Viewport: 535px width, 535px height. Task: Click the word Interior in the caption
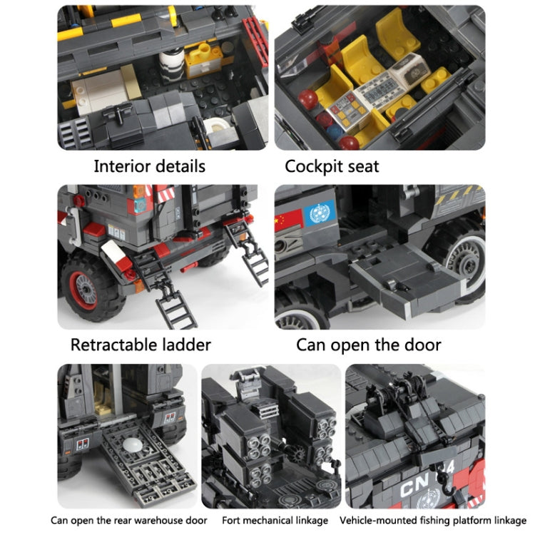123,167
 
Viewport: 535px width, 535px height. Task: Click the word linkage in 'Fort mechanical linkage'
310,520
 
